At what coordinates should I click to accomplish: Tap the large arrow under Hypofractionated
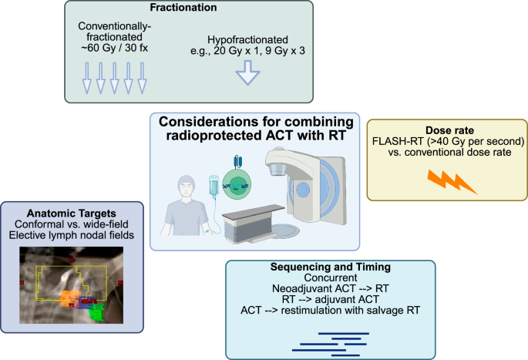click(x=247, y=72)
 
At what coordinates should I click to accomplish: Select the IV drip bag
click(x=214, y=188)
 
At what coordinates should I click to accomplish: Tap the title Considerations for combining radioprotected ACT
click(x=254, y=129)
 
